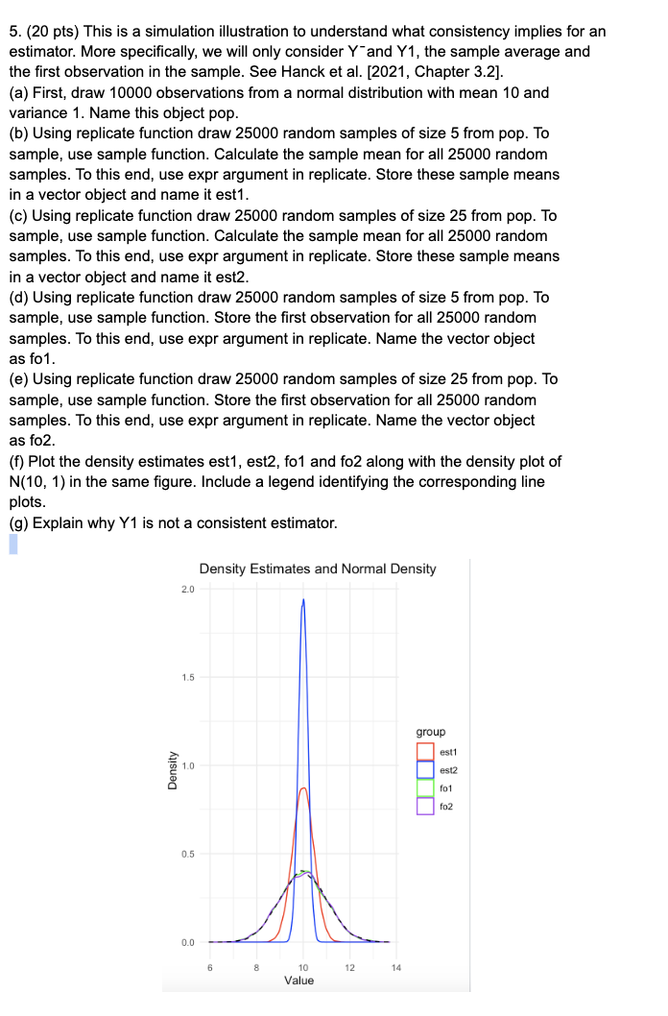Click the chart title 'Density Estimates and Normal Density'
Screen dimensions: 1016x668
(317, 568)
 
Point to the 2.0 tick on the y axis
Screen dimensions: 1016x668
(188, 589)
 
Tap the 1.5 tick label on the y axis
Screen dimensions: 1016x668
(188, 677)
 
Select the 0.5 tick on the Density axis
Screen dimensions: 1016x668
(188, 854)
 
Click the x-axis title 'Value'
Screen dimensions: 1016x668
(298, 980)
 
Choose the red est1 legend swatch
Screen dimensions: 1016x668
(425, 751)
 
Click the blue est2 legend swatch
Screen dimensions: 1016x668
(425, 769)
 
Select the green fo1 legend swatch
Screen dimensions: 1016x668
(425, 787)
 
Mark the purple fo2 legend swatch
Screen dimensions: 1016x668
(425, 806)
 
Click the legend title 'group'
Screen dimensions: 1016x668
(431, 731)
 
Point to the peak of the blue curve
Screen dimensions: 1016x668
(303, 600)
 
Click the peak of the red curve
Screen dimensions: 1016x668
(303, 788)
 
